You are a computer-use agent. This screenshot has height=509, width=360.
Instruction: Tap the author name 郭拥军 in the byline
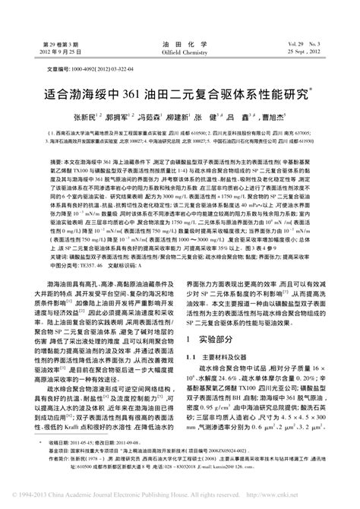pyautogui.click(x=122, y=118)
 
